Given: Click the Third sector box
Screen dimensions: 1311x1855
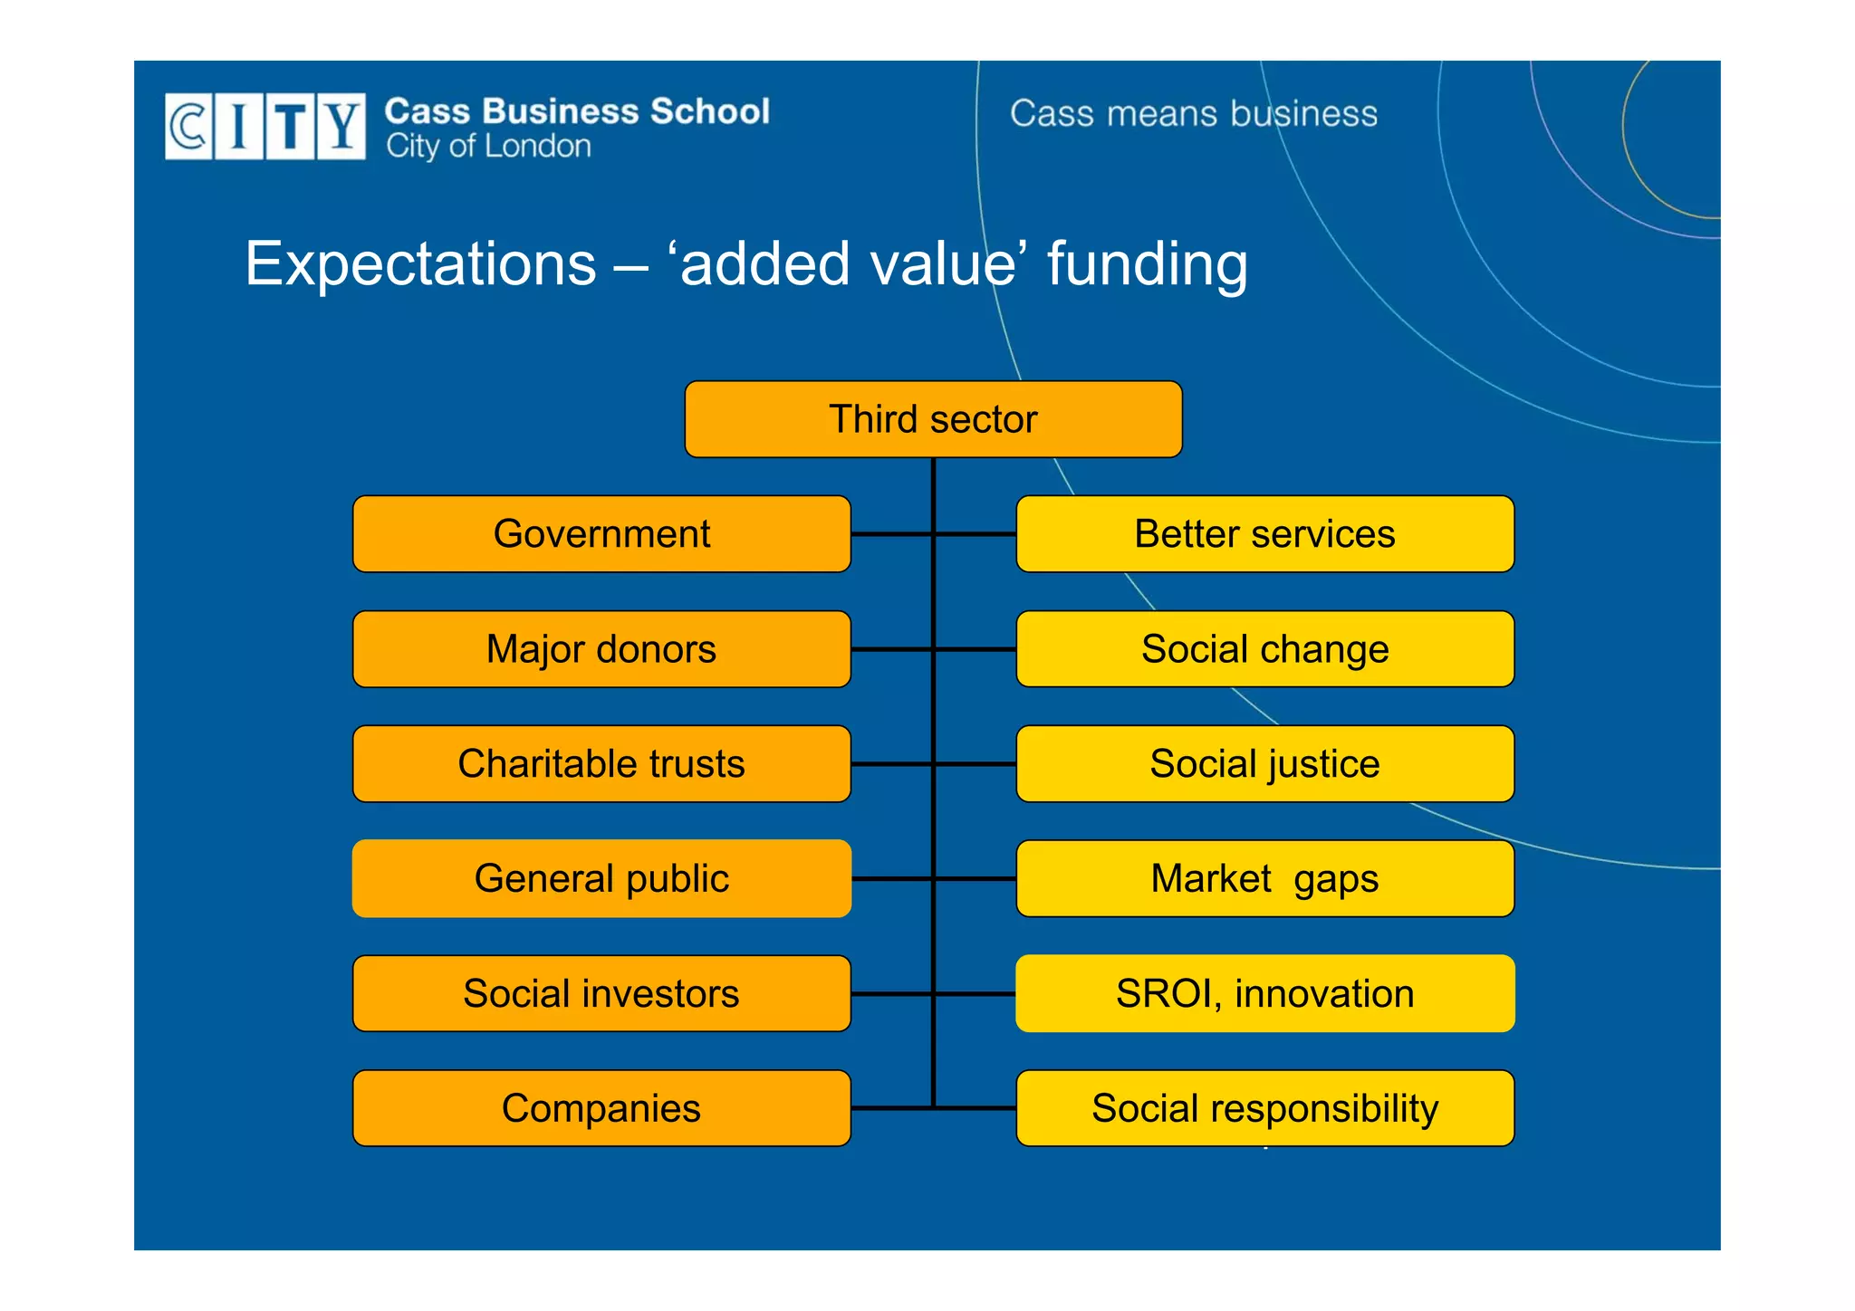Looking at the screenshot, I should point(933,419).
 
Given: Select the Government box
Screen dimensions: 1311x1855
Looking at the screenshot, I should point(601,534).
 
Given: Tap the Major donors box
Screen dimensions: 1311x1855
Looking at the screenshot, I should point(601,649).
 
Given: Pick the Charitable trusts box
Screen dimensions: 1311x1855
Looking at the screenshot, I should point(601,763).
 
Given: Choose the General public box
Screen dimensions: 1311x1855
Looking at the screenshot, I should point(601,878).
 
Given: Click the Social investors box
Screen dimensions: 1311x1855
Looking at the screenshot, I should point(601,993).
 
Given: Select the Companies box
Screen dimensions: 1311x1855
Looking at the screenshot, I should point(601,1108).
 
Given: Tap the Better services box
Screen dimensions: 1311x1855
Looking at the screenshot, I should point(1264,534).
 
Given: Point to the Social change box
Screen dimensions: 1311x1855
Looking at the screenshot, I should point(1264,649).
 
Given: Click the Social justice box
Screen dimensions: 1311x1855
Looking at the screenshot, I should point(1264,763).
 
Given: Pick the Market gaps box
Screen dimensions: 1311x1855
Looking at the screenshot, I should point(1264,878).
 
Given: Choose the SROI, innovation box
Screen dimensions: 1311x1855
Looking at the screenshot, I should point(1264,993).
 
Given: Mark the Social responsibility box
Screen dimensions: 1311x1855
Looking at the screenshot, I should point(1264,1108).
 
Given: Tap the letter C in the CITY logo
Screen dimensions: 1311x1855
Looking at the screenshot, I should point(188,126).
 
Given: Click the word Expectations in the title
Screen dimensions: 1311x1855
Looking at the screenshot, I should point(420,264).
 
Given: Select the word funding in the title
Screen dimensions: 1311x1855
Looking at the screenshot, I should point(1147,264).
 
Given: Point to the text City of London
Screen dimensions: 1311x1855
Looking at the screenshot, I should point(488,147).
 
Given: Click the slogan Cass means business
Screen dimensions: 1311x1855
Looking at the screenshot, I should point(1193,114).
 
